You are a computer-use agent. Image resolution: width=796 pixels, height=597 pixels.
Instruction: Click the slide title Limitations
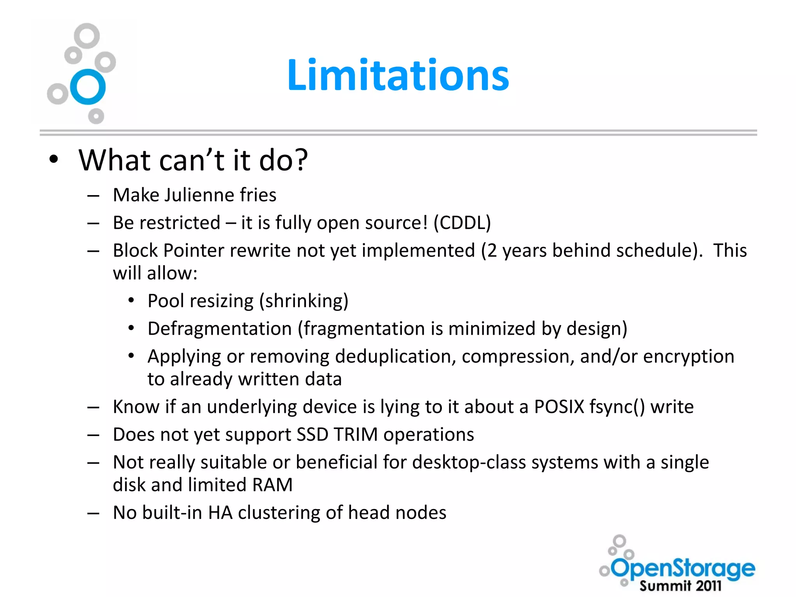click(398, 75)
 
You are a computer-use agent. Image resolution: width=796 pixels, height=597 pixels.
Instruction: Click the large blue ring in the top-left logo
click(88, 87)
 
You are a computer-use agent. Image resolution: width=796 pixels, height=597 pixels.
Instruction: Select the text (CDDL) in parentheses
click(462, 223)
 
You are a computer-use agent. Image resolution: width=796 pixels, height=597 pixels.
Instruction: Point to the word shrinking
click(304, 301)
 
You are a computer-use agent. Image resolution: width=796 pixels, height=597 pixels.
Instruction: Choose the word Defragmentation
click(220, 329)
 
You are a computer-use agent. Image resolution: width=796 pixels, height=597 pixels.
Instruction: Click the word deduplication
click(395, 356)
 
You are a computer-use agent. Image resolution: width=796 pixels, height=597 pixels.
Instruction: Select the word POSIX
click(559, 407)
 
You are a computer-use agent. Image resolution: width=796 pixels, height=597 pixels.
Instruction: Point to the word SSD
click(312, 435)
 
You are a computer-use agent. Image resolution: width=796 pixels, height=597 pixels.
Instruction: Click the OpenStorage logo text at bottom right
click(683, 568)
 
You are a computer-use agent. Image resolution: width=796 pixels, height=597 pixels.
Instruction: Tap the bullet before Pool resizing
click(131, 301)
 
